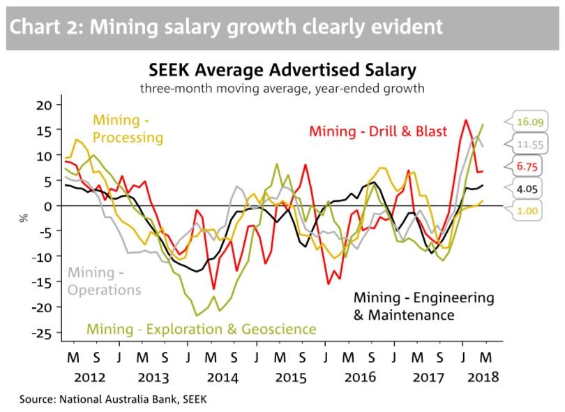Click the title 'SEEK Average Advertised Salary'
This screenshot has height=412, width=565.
[282, 71]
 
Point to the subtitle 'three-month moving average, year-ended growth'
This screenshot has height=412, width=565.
[282, 89]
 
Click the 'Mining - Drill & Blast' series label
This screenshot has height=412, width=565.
[377, 131]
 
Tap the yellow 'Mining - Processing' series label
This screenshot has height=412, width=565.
[128, 128]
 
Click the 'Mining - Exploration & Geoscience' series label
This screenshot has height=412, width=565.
[201, 328]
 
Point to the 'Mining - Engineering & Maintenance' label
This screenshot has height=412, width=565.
[423, 306]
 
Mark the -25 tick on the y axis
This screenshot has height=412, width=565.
[42, 333]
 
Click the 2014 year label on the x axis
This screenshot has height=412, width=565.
[222, 377]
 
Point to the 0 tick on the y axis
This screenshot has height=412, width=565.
[49, 206]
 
